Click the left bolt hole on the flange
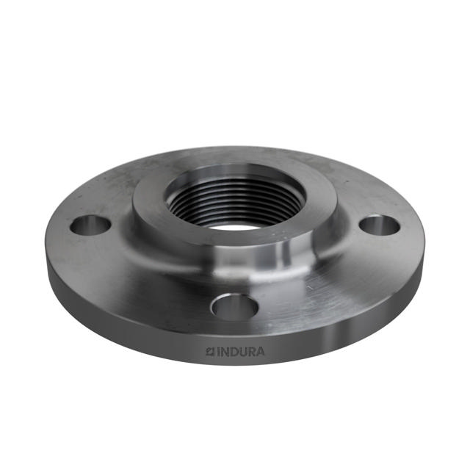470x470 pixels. pyautogui.click(x=90, y=225)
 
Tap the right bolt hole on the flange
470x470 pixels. pyautogui.click(x=380, y=225)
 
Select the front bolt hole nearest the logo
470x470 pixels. pyautogui.click(x=234, y=305)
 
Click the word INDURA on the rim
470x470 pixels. pyautogui.click(x=235, y=351)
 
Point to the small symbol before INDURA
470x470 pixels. pyautogui.click(x=209, y=351)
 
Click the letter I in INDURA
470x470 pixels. pyautogui.click(x=217, y=351)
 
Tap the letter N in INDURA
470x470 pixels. pyautogui.click(x=223, y=351)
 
